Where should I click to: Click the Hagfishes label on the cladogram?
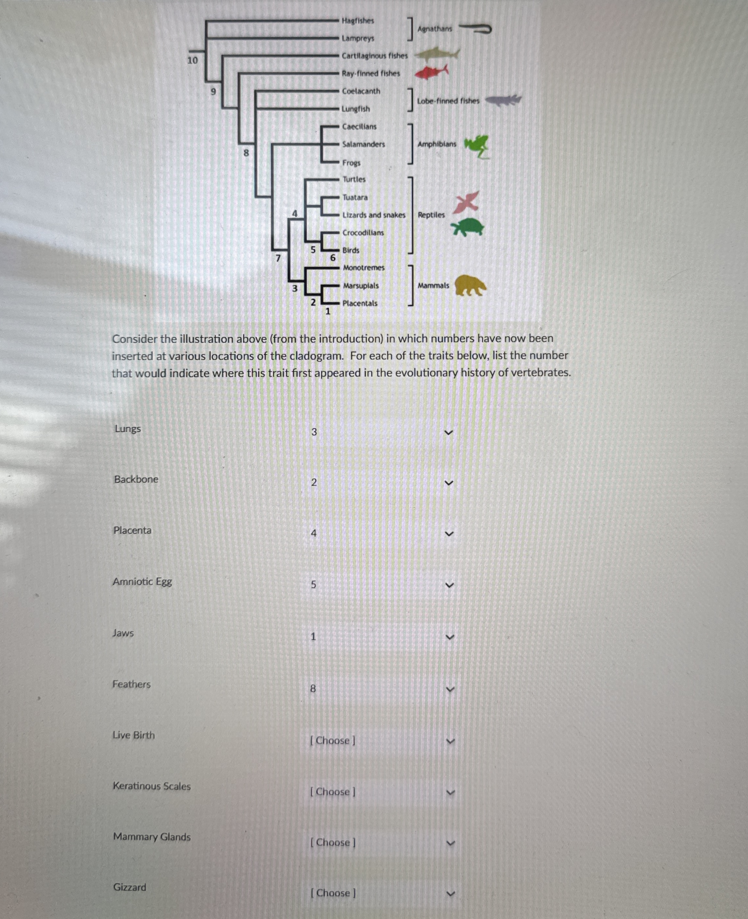point(358,21)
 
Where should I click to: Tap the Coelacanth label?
point(361,91)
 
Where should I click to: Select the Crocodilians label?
point(363,233)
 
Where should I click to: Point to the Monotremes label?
point(364,268)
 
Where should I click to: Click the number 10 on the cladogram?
point(192,60)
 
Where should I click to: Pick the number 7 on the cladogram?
point(278,258)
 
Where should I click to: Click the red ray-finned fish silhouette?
point(431,72)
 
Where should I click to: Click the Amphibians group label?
point(436,144)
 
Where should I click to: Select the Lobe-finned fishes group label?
point(448,101)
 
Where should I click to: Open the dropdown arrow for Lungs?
point(449,432)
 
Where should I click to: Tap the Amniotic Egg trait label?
point(142,582)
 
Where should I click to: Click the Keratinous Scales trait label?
point(152,786)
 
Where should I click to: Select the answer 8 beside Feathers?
point(313,689)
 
